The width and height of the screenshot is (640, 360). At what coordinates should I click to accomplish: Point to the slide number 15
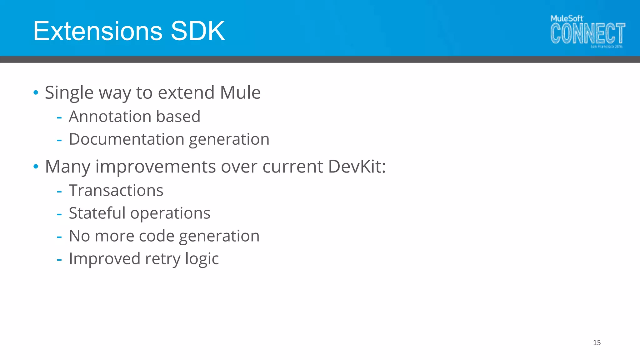[597, 343]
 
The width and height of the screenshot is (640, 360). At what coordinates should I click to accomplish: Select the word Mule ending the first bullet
[240, 92]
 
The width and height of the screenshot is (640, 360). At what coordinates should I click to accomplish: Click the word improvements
[155, 167]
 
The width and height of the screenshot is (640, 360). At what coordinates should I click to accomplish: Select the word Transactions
[116, 190]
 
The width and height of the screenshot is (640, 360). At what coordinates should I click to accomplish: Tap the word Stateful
[97, 213]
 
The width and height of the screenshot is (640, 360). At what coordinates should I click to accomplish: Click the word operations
[170, 214]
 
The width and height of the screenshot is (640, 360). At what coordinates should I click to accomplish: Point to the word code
[156, 236]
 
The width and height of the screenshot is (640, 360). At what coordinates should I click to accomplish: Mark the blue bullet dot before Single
[36, 92]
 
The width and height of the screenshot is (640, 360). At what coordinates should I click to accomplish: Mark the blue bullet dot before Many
[36, 166]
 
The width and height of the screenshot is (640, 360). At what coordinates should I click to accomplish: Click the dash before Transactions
[59, 191]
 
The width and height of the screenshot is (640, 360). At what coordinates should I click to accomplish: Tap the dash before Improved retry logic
[59, 259]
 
